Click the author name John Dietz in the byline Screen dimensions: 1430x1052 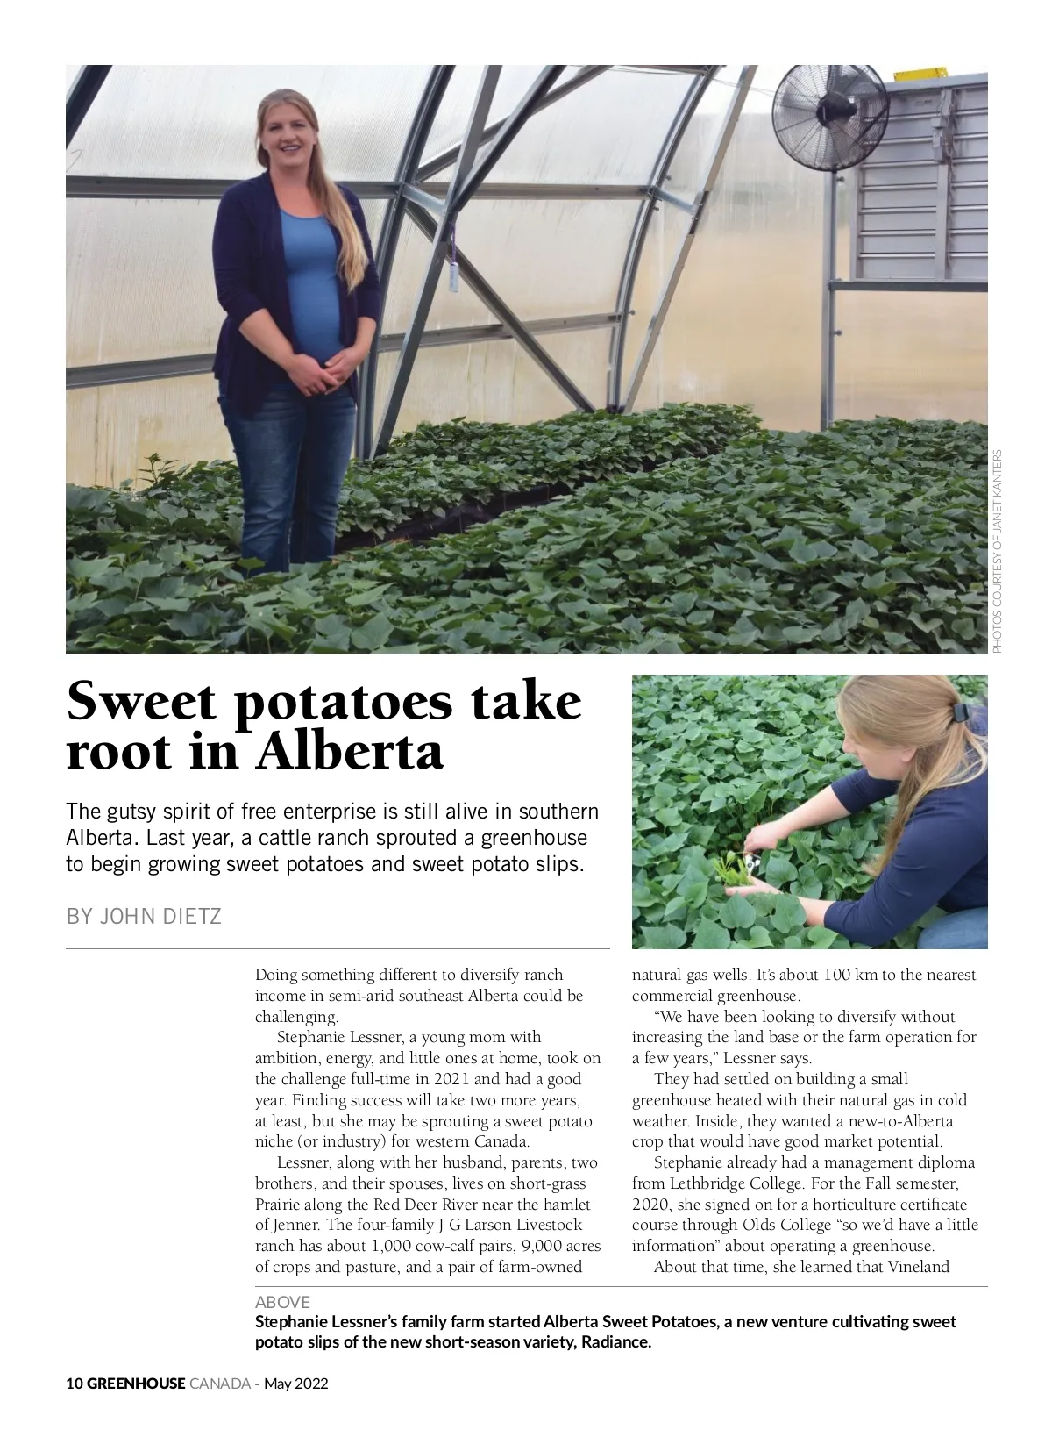pyautogui.click(x=161, y=917)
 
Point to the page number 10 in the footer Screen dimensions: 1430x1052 pyautogui.click(x=74, y=1384)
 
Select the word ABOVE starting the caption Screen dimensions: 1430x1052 pyautogui.click(x=282, y=1302)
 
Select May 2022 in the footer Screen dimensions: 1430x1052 pyautogui.click(x=295, y=1384)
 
